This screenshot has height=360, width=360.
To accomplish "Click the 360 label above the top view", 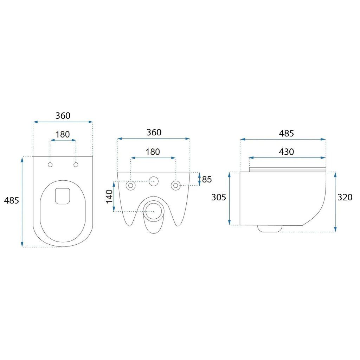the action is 63,115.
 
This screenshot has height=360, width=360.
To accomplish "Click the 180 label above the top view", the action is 63,134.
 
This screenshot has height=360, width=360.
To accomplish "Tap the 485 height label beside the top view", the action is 12,200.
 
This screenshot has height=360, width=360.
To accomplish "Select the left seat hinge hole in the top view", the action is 50,165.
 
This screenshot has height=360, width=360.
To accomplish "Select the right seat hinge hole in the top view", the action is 76,165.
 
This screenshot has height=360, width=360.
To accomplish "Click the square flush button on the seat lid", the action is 63,196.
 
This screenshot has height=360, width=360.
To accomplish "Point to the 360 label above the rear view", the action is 154,132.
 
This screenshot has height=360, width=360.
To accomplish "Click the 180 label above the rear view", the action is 153,152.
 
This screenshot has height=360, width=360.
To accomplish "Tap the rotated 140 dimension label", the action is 109,197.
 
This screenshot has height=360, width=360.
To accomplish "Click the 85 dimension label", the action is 207,179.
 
